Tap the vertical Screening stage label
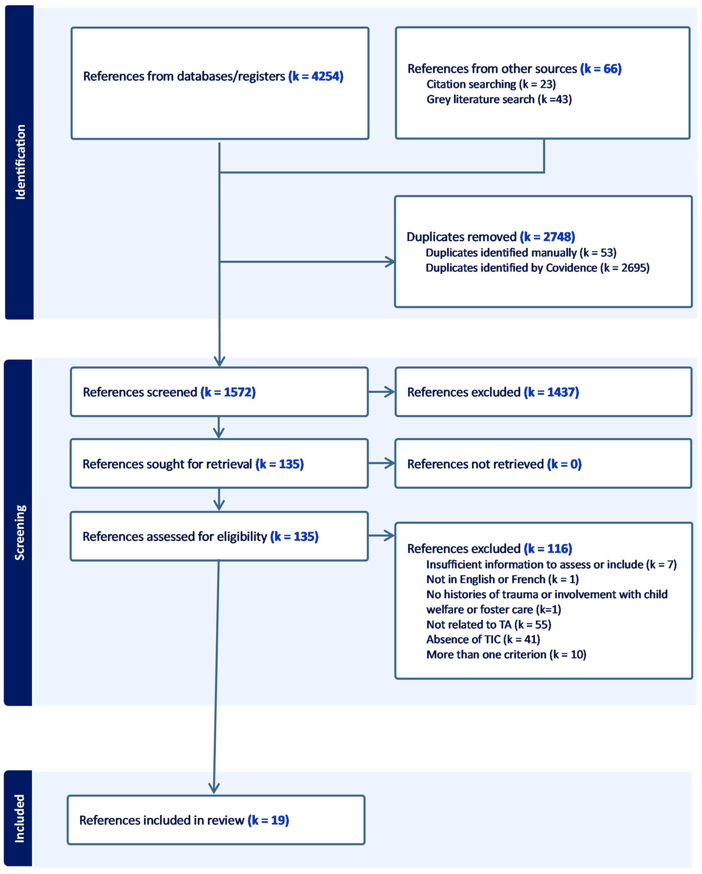tap(19, 532)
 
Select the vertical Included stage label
tap(19, 818)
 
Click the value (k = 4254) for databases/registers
tap(316, 76)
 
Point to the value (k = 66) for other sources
tap(601, 69)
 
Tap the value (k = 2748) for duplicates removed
tap(547, 237)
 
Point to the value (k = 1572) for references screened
tap(228, 392)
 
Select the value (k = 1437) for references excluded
tap(551, 392)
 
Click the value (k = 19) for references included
tap(268, 820)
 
